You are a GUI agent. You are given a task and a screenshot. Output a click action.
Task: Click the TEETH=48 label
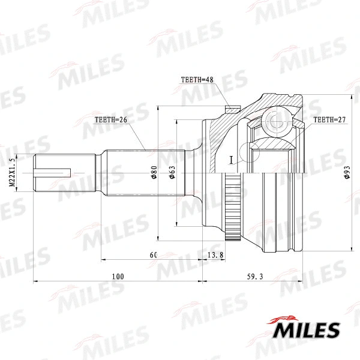point(197,79)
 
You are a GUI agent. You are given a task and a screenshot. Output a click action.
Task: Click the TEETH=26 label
point(110,119)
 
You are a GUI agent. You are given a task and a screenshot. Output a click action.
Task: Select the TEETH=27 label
point(330,120)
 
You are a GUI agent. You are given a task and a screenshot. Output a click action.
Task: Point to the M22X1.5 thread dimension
point(12,173)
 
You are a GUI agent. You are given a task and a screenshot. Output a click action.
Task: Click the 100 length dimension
point(117,277)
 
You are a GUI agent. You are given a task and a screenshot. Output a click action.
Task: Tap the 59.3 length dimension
point(254,277)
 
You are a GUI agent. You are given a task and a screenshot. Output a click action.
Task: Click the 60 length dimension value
point(152,255)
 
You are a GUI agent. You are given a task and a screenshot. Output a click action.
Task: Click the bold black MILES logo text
point(307,329)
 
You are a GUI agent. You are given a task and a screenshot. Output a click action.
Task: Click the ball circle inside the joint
point(275,121)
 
